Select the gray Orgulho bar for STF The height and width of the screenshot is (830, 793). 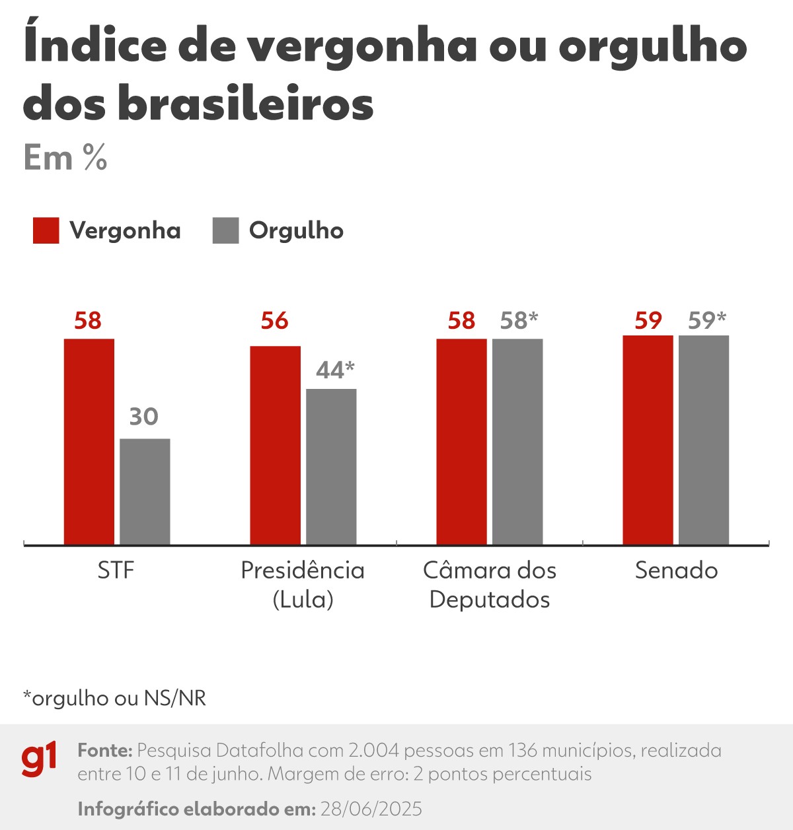[x=145, y=491]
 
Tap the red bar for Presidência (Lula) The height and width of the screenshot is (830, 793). [x=275, y=445]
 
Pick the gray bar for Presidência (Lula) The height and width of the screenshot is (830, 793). [x=331, y=466]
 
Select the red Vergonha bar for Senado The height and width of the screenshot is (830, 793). [x=648, y=440]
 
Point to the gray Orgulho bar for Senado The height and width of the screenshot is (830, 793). [x=704, y=440]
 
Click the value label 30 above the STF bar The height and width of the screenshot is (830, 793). [x=143, y=417]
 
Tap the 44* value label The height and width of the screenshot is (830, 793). [x=335, y=370]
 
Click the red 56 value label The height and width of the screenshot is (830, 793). [x=274, y=321]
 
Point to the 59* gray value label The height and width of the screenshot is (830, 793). [x=706, y=320]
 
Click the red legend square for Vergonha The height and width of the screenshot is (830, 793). [x=46, y=230]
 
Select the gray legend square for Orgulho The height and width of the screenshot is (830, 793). [x=225, y=230]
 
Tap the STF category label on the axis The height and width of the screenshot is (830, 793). [x=116, y=570]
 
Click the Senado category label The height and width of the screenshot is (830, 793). [x=676, y=570]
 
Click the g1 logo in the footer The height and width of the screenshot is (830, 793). [x=39, y=760]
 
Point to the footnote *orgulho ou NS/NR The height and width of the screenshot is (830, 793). [x=114, y=698]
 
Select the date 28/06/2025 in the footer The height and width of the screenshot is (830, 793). [x=371, y=809]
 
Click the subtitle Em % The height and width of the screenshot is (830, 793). [x=65, y=158]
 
